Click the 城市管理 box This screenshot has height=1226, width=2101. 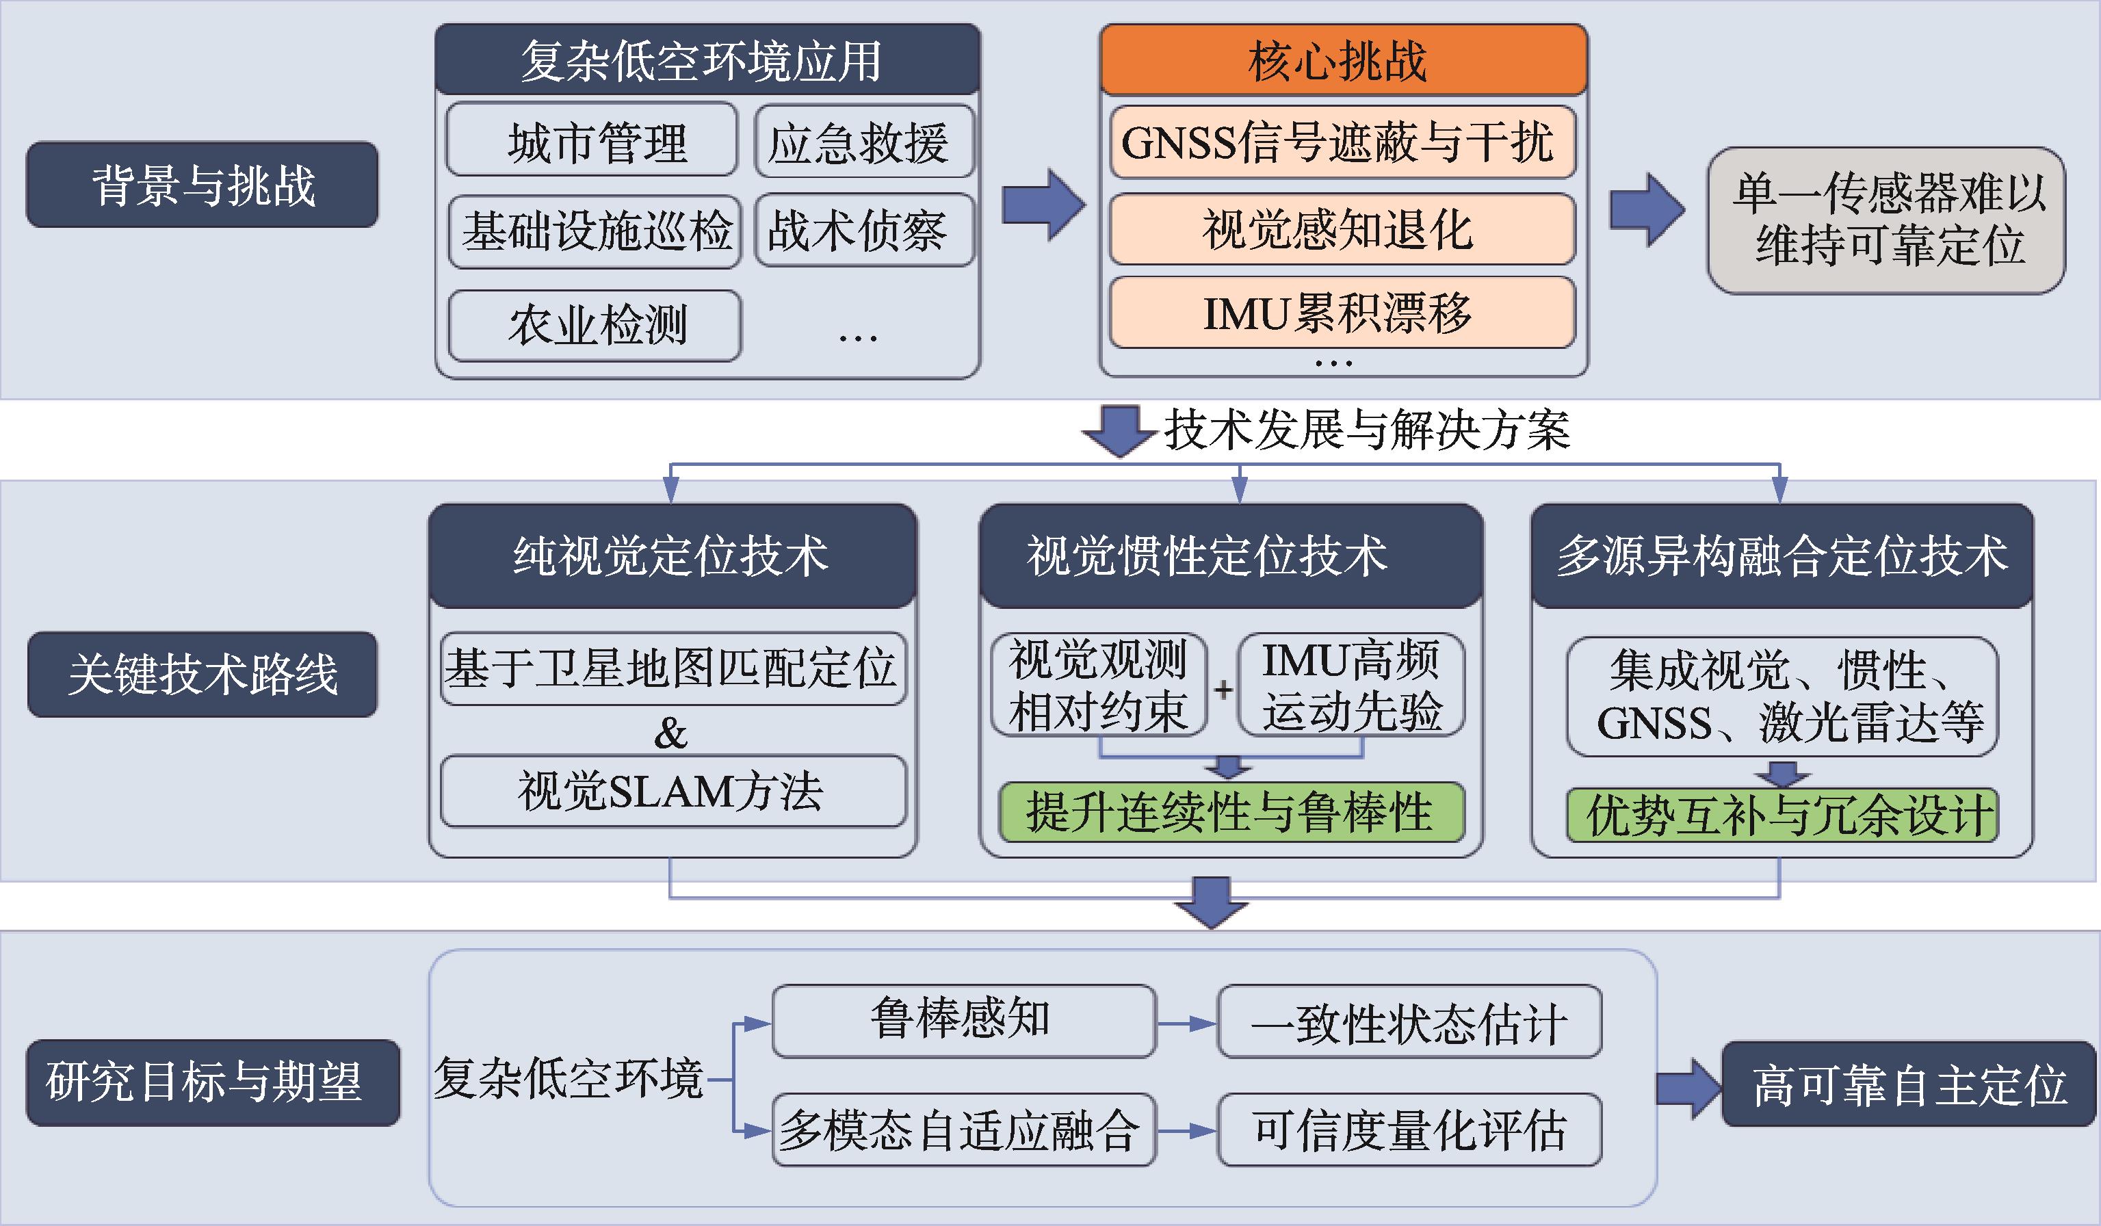pos(592,140)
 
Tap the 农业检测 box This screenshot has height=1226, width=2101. pos(595,325)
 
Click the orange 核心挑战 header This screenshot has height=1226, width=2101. pos(1342,60)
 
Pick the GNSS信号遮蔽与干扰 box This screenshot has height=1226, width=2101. pos(1342,142)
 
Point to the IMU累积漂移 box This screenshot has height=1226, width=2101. pos(1342,313)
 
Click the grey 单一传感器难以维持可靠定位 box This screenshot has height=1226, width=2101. pos(1886,220)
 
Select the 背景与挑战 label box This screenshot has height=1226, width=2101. pos(203,184)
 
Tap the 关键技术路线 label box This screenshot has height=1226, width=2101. pos(203,674)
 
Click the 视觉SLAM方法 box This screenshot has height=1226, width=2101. pos(673,791)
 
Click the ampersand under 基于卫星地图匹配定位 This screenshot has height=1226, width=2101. pos(670,733)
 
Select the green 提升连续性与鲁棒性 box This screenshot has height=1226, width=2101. pos(1231,811)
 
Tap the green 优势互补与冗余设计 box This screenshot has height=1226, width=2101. pos(1782,815)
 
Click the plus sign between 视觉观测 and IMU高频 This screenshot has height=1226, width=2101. pos(1223,690)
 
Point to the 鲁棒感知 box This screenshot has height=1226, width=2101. pos(963,1020)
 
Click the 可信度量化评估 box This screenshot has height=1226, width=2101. pos(1409,1130)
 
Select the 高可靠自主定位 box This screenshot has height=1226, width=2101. pos(1907,1084)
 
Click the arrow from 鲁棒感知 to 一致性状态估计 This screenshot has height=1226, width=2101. pos(1186,1023)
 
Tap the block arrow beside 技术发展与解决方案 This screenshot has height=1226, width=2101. pos(1120,430)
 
